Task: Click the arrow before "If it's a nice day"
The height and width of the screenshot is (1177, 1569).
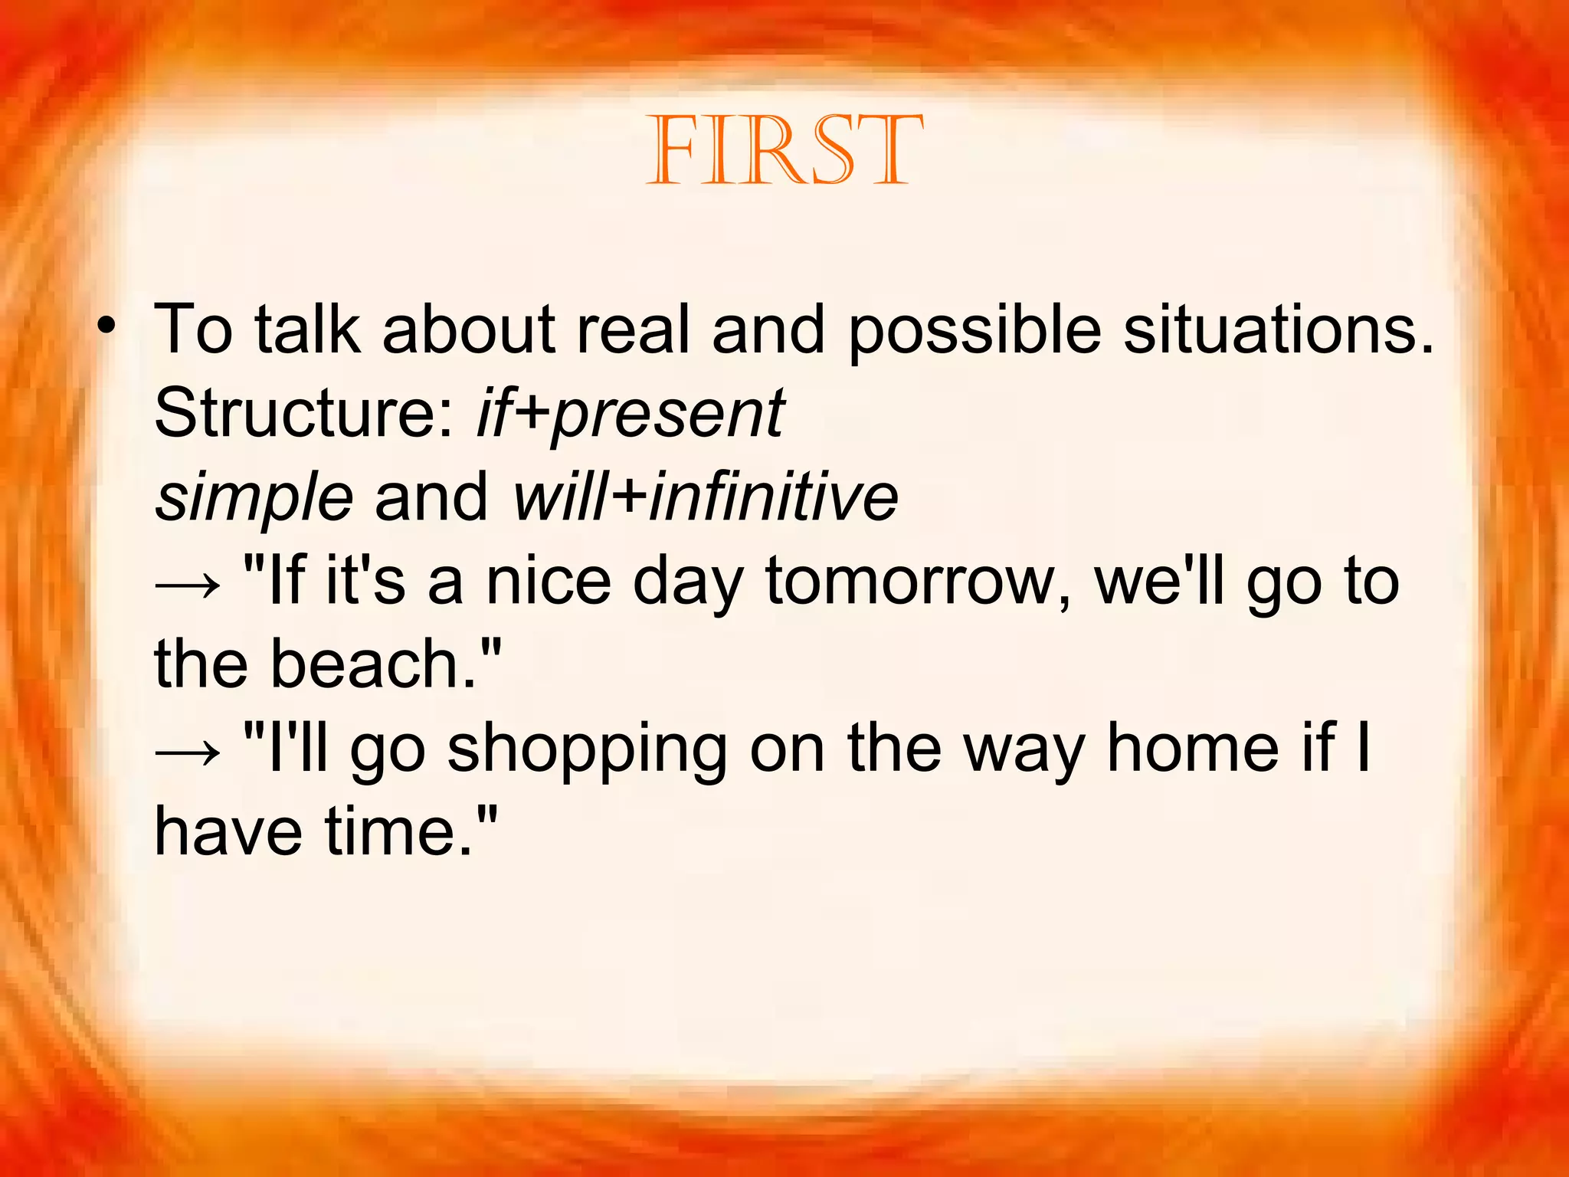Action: click(x=188, y=585)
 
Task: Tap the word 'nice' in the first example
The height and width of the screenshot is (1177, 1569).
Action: click(x=549, y=582)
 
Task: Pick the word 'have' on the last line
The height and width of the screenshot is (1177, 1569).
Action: click(x=228, y=832)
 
